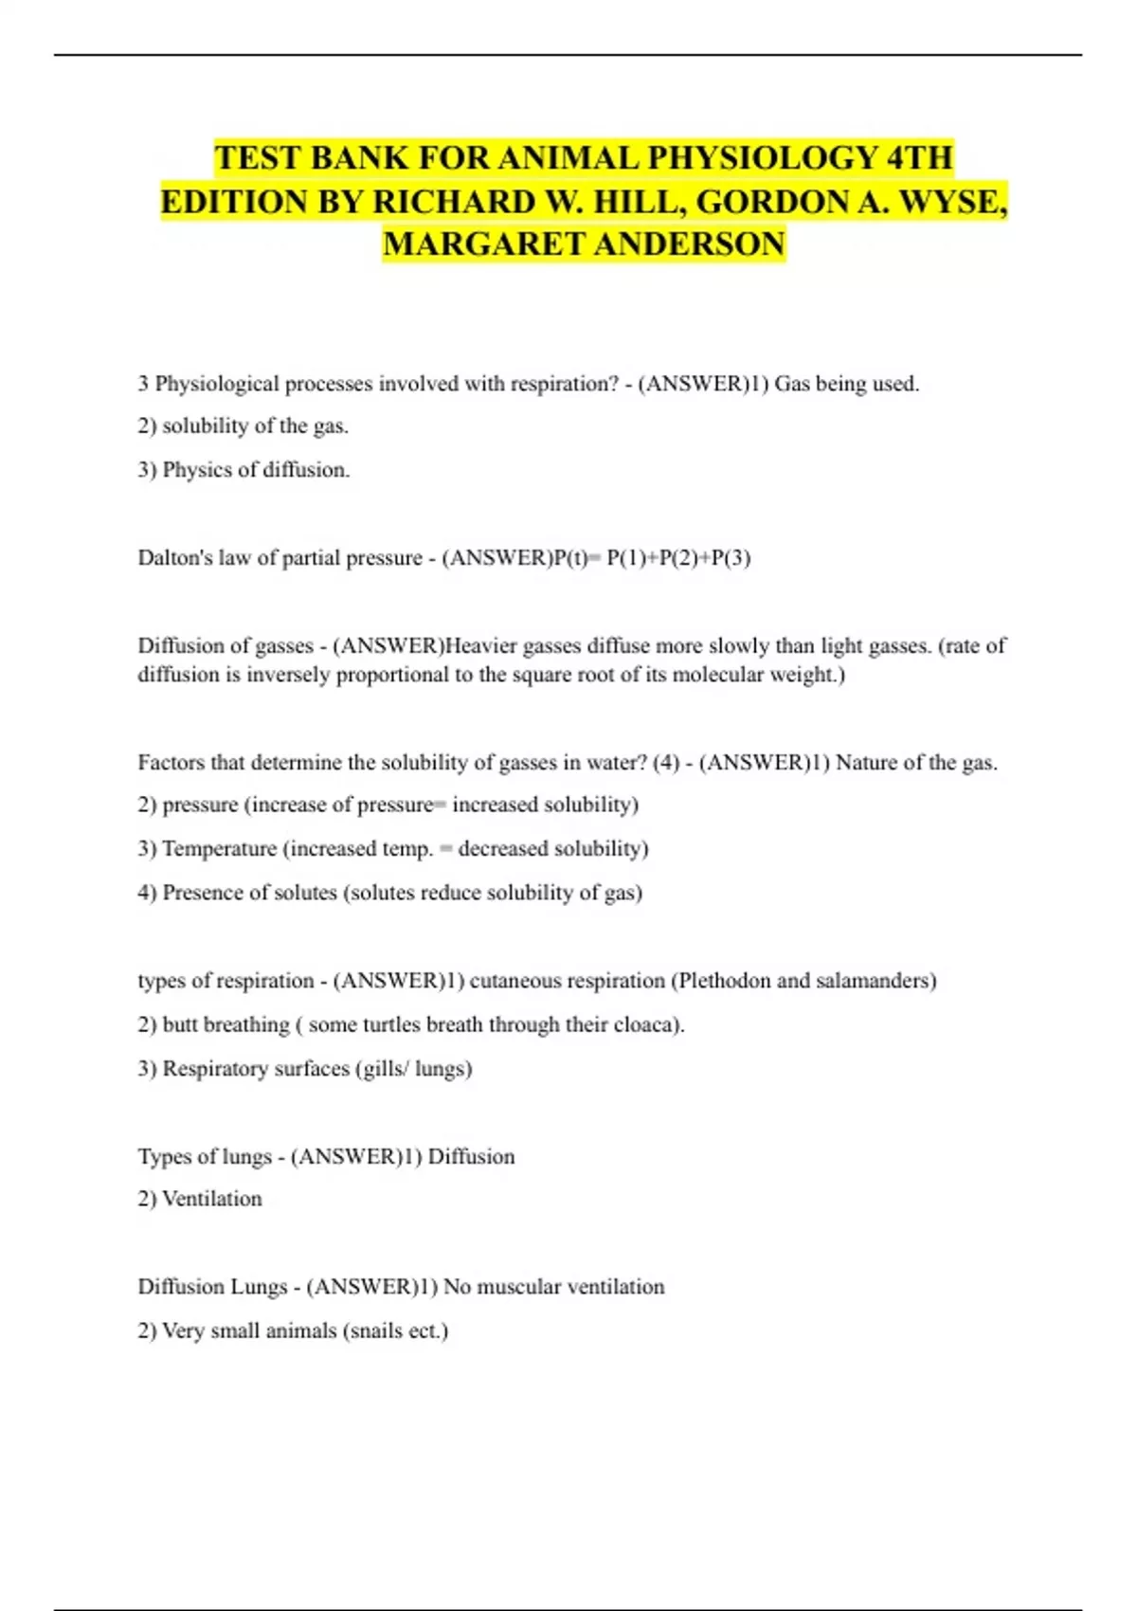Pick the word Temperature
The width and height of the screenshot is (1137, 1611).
click(219, 848)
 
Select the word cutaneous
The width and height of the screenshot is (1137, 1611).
click(519, 980)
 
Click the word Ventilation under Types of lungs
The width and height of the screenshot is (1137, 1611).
click(212, 1199)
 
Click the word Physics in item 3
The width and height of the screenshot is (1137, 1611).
click(198, 470)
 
